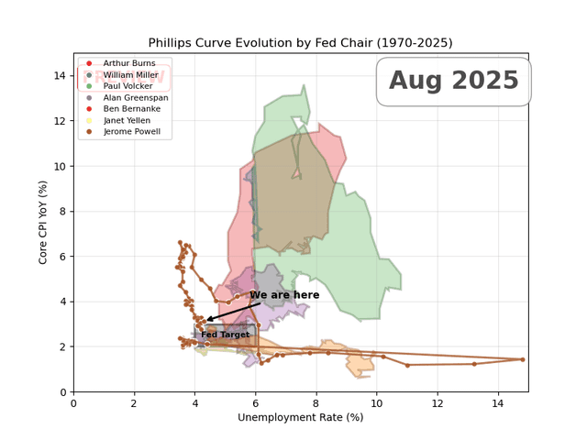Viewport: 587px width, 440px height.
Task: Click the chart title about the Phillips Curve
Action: (300, 43)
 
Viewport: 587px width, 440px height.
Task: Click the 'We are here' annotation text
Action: (284, 295)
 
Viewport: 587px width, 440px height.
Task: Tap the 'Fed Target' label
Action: (225, 335)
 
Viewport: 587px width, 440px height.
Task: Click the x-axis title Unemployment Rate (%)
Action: (300, 417)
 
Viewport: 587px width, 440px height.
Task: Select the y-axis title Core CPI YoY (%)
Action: (43, 223)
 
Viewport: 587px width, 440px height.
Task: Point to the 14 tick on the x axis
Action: (498, 402)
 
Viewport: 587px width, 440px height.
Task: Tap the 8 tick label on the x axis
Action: (316, 402)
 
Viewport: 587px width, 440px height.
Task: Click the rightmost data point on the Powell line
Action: (522, 359)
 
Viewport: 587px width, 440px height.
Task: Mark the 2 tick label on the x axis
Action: (134, 402)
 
